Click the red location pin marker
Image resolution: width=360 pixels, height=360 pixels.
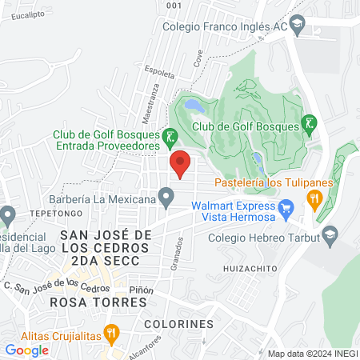pyautogui.click(x=180, y=163)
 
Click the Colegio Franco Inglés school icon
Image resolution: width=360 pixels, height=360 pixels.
pyautogui.click(x=297, y=24)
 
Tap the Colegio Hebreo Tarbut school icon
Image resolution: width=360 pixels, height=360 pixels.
pyautogui.click(x=328, y=235)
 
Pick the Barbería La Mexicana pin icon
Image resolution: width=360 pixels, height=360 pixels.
pyautogui.click(x=166, y=195)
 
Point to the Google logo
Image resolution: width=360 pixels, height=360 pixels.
pyautogui.click(x=26, y=350)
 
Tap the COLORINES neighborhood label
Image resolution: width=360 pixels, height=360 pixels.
pyautogui.click(x=179, y=324)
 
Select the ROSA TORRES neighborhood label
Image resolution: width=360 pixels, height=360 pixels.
pyautogui.click(x=98, y=302)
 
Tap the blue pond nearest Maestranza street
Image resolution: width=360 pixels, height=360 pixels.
pyautogui.click(x=193, y=104)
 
